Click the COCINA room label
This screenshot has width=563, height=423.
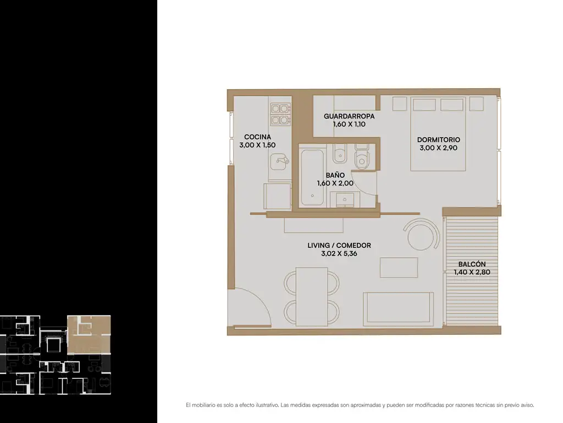click(x=257, y=137)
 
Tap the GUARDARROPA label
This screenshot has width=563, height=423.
click(x=349, y=116)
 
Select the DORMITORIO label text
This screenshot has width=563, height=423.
click(x=438, y=139)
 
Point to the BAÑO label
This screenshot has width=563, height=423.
click(x=335, y=175)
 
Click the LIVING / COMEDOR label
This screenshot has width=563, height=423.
click(x=339, y=245)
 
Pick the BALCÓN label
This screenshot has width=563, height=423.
click(x=472, y=264)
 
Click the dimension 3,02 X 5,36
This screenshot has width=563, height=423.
click(x=339, y=253)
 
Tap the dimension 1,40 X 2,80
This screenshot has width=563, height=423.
click(x=472, y=272)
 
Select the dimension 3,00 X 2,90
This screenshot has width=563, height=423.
click(x=438, y=148)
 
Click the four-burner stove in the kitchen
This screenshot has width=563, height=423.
click(x=281, y=114)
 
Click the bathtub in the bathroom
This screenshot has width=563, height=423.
click(x=312, y=178)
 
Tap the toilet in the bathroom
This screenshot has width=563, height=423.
click(x=362, y=157)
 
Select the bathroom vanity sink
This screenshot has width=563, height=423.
click(x=345, y=199)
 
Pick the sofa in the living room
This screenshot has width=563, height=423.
click(x=399, y=309)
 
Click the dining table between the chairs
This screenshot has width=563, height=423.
click(x=312, y=296)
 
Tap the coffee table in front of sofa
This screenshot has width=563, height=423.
click(x=399, y=267)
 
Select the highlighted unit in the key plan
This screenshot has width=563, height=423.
click(x=89, y=334)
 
